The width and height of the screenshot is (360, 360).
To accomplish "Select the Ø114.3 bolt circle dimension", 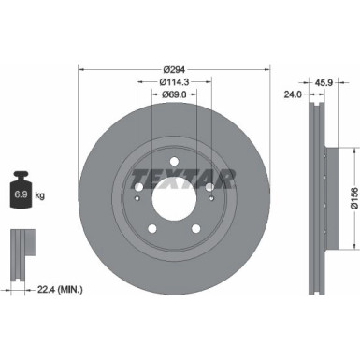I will [x=174, y=81].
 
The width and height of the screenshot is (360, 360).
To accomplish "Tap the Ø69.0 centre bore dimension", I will [x=174, y=94].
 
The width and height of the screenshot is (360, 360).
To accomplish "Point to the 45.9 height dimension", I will [x=325, y=79].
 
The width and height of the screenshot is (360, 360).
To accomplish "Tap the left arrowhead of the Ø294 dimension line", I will [x=81, y=69].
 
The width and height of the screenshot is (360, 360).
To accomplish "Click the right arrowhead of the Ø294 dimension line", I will [x=266, y=69].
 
